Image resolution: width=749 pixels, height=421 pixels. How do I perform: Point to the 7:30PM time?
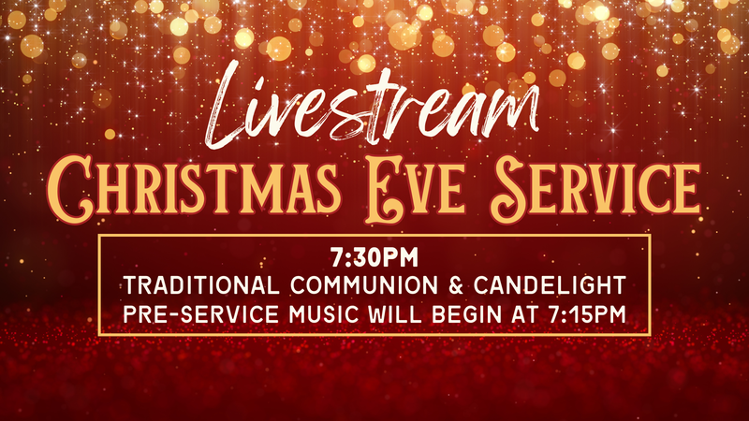pos(374,254)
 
